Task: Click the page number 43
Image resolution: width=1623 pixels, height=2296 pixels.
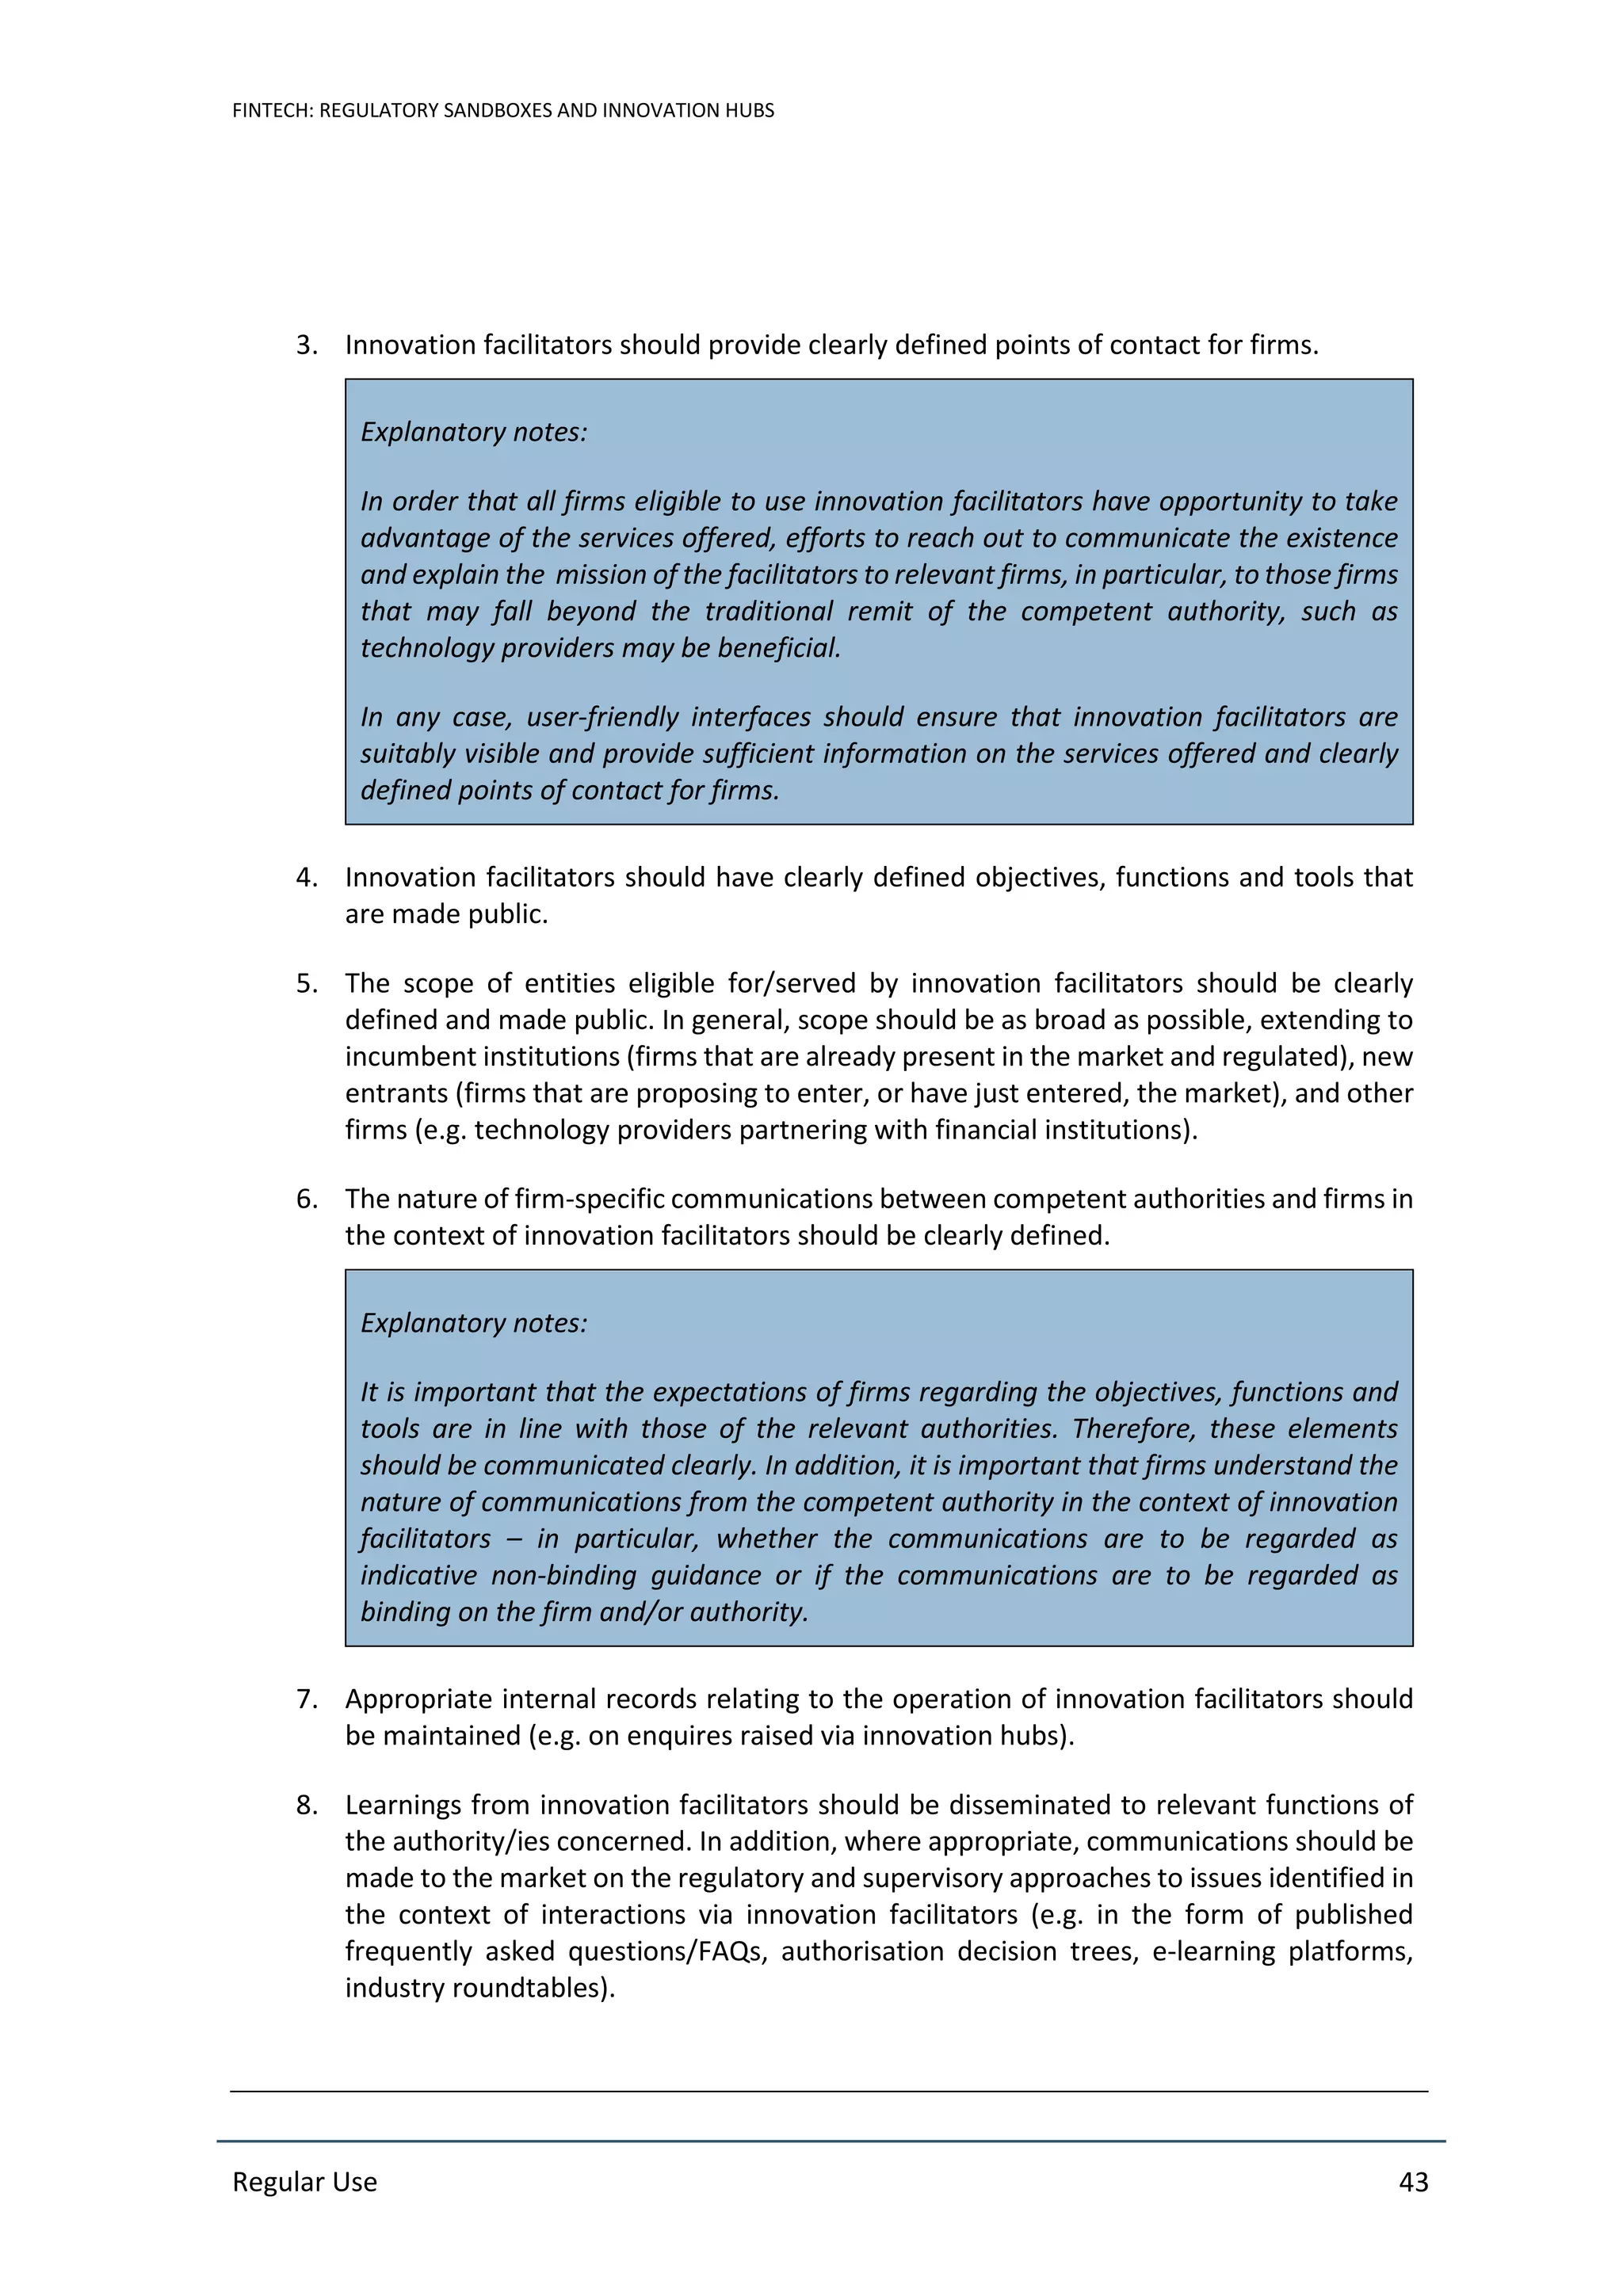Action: [1412, 2182]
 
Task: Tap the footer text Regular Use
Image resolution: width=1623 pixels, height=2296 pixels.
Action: [304, 2182]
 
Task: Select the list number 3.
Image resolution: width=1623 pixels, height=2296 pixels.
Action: [306, 345]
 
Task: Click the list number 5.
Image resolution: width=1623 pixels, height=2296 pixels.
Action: [306, 983]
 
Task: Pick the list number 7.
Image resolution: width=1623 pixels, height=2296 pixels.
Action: [306, 1699]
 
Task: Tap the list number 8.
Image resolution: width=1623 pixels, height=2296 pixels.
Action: [306, 1805]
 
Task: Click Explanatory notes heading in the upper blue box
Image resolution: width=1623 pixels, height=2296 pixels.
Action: [474, 432]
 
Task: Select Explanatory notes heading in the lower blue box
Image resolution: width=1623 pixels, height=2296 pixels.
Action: [474, 1323]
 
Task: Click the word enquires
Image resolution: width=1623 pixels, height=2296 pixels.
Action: [684, 1736]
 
